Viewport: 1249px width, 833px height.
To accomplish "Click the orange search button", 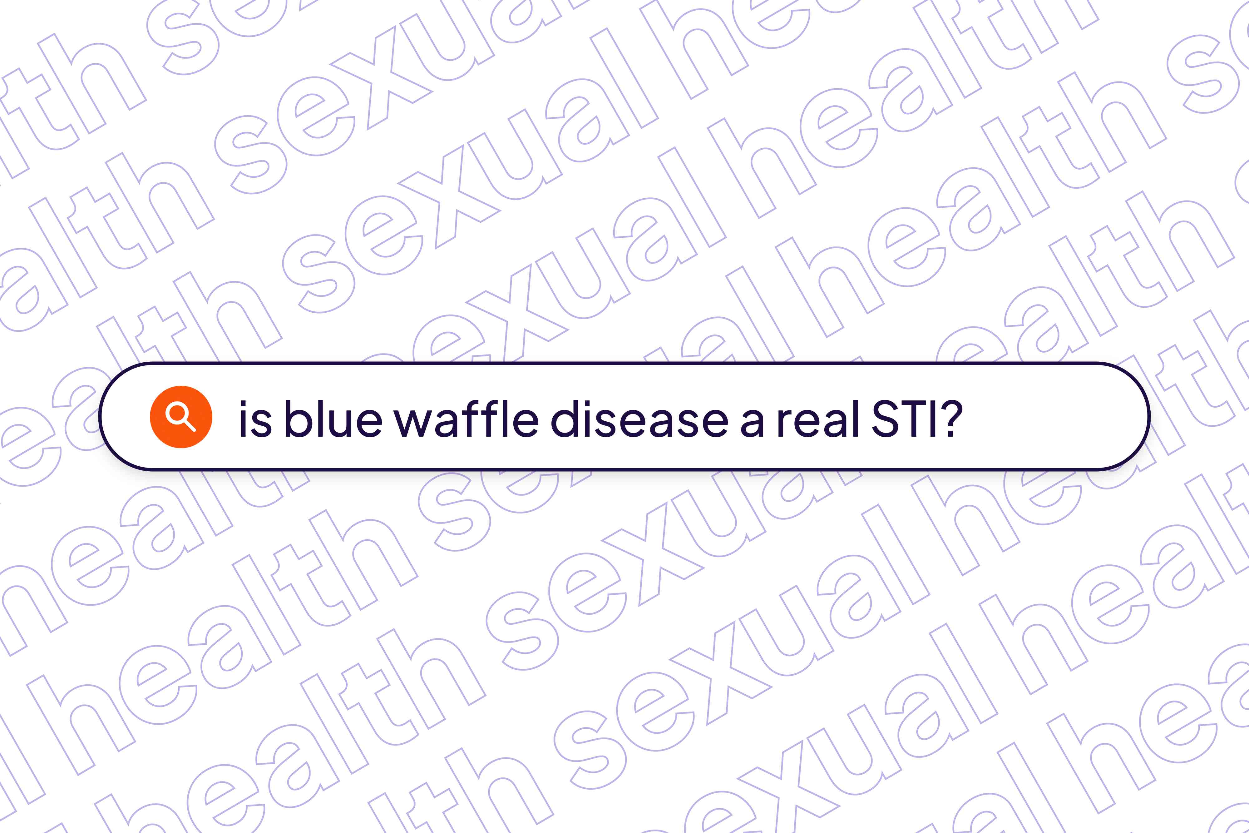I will coord(181,417).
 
